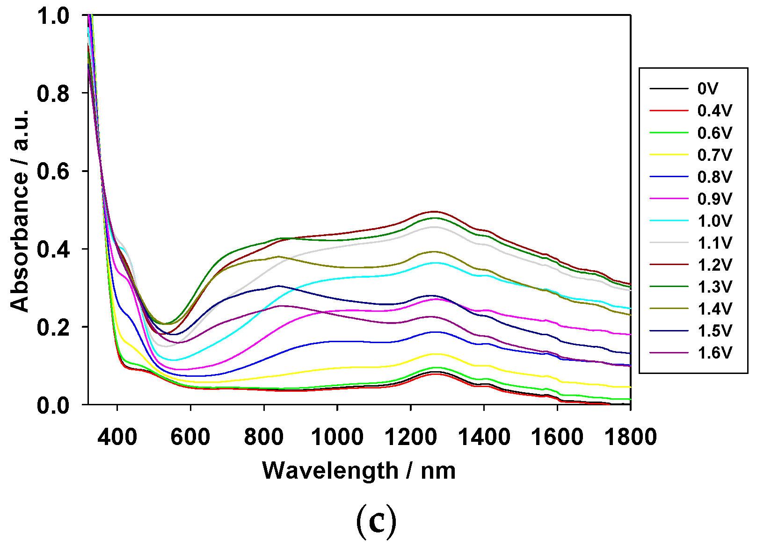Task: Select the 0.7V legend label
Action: pos(714,155)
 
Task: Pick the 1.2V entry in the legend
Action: pos(714,265)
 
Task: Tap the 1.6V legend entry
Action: pos(714,352)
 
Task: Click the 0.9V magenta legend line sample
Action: pos(669,199)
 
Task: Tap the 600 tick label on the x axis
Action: pos(190,437)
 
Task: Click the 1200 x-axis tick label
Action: pos(410,437)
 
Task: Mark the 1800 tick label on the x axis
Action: pos(630,437)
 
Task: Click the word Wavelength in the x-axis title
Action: pos(330,471)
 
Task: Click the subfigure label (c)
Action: pos(376,522)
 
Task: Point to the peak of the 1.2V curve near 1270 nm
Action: pos(434,211)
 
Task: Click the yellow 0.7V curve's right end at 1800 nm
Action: pos(630,387)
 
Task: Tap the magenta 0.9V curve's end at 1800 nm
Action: pos(630,335)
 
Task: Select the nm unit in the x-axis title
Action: pos(438,471)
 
